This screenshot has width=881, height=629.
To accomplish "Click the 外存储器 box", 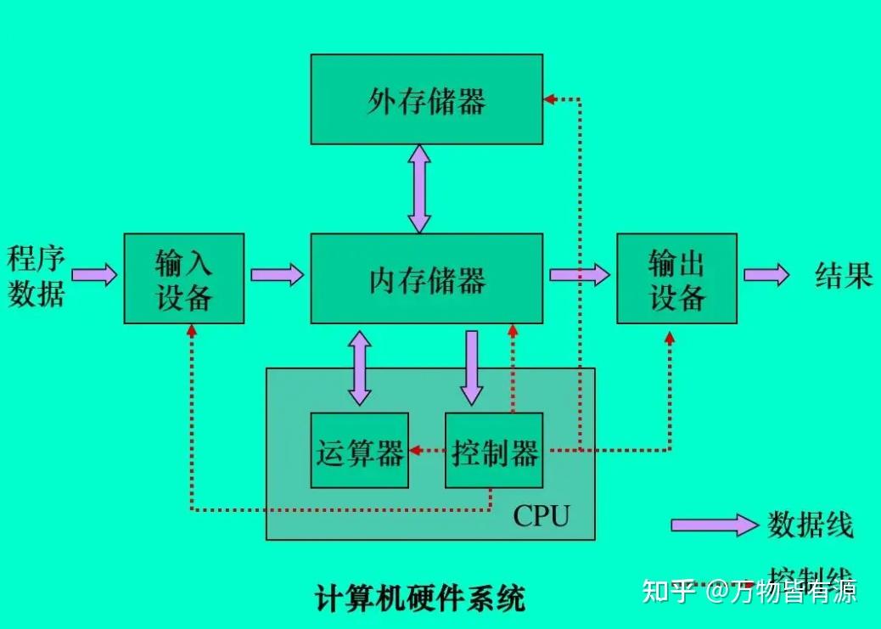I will click(x=426, y=99).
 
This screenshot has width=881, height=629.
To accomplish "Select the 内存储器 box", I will click(x=426, y=278).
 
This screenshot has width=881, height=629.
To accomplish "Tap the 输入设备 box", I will click(x=183, y=278).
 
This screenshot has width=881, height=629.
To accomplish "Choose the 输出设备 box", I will click(x=676, y=278).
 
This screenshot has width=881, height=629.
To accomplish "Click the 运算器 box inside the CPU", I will click(x=359, y=451).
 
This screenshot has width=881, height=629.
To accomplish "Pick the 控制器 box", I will click(x=493, y=451).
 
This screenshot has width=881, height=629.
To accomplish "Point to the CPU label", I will click(x=541, y=514).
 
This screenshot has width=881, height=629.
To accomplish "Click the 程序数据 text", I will click(x=36, y=275).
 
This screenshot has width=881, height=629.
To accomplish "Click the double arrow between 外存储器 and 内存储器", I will click(x=418, y=188).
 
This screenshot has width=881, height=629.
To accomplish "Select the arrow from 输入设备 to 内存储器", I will click(x=277, y=274).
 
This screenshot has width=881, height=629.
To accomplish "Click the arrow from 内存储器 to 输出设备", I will click(x=580, y=274).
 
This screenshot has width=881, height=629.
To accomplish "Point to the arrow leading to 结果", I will click(x=766, y=274).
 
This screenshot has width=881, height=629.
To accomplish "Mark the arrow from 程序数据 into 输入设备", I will click(x=94, y=274).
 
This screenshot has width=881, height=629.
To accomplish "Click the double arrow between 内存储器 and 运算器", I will click(x=360, y=368).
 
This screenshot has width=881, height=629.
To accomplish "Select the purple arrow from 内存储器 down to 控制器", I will click(x=472, y=367).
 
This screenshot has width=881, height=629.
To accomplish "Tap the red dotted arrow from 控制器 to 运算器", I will click(x=427, y=451).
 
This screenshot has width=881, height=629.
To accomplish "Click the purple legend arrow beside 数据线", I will click(x=713, y=525).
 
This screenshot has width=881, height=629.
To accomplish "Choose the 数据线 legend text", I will click(x=810, y=525).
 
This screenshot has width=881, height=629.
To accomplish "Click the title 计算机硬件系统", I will click(x=420, y=598).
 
